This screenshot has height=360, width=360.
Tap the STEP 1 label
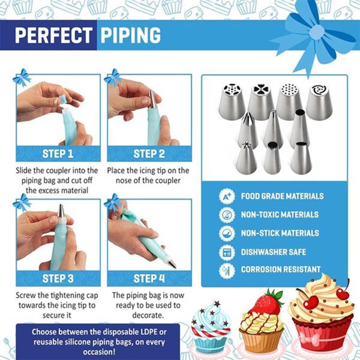(x=58, y=154)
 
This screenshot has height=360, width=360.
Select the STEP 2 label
(x=149, y=154)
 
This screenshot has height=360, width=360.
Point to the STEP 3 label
(x=58, y=278)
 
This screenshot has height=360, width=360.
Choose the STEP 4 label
(x=149, y=278)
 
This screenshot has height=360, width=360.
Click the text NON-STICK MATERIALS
(x=280, y=233)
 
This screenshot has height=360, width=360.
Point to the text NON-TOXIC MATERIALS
(x=280, y=214)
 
